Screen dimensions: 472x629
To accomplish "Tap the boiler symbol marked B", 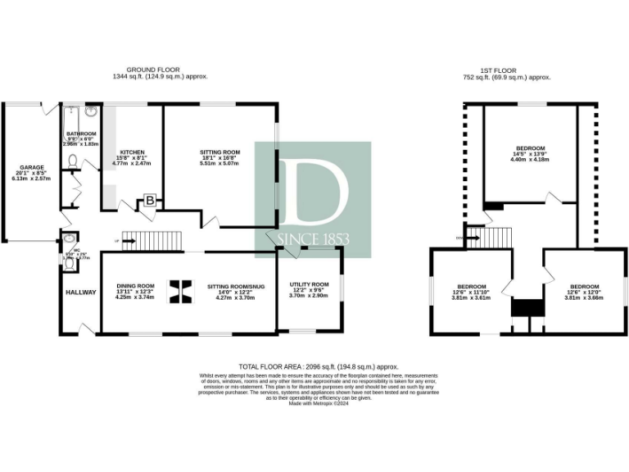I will coord(151,199).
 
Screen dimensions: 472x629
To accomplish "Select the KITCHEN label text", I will coord(132,152).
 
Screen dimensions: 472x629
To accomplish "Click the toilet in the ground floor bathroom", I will coord(72,161).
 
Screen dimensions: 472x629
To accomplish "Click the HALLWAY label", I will coord(80,293).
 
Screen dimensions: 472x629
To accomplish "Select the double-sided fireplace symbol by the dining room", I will coord(182,290).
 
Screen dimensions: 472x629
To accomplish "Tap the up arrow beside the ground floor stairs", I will coord(117,241).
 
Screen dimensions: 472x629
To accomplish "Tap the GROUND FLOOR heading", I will coord(153,70).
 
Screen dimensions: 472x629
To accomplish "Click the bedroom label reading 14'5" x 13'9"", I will coord(527,153).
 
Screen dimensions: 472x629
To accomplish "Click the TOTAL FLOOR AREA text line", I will coord(306,366).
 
